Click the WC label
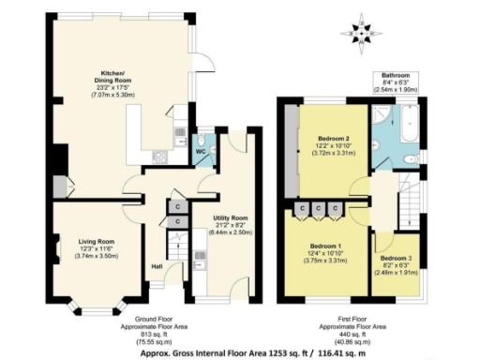(x=201, y=151)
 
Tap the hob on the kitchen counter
(x=157, y=156)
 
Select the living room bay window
(x=96, y=305)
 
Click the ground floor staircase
(x=172, y=248)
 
